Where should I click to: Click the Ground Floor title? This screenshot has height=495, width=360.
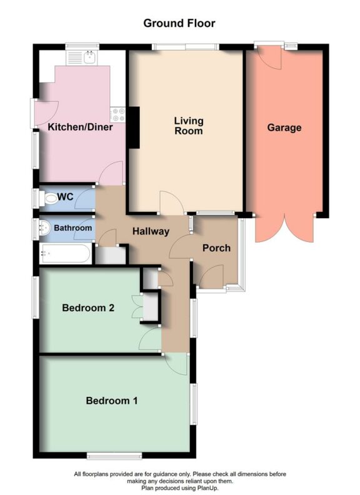click(x=179, y=24)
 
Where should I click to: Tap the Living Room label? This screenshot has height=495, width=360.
click(x=188, y=126)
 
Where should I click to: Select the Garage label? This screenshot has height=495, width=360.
click(x=284, y=127)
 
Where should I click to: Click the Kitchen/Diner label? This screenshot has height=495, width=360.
click(x=80, y=127)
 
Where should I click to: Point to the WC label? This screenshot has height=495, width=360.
click(x=66, y=197)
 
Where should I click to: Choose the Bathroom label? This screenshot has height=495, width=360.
click(x=72, y=228)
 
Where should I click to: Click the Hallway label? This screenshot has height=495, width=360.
click(x=151, y=231)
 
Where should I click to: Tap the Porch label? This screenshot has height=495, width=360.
click(x=216, y=247)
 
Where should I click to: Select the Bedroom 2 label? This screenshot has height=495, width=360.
click(x=89, y=307)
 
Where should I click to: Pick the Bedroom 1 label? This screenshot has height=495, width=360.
click(x=112, y=401)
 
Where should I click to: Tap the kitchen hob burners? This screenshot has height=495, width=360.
click(x=117, y=114)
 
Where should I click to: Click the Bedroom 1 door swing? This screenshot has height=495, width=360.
click(x=176, y=364)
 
